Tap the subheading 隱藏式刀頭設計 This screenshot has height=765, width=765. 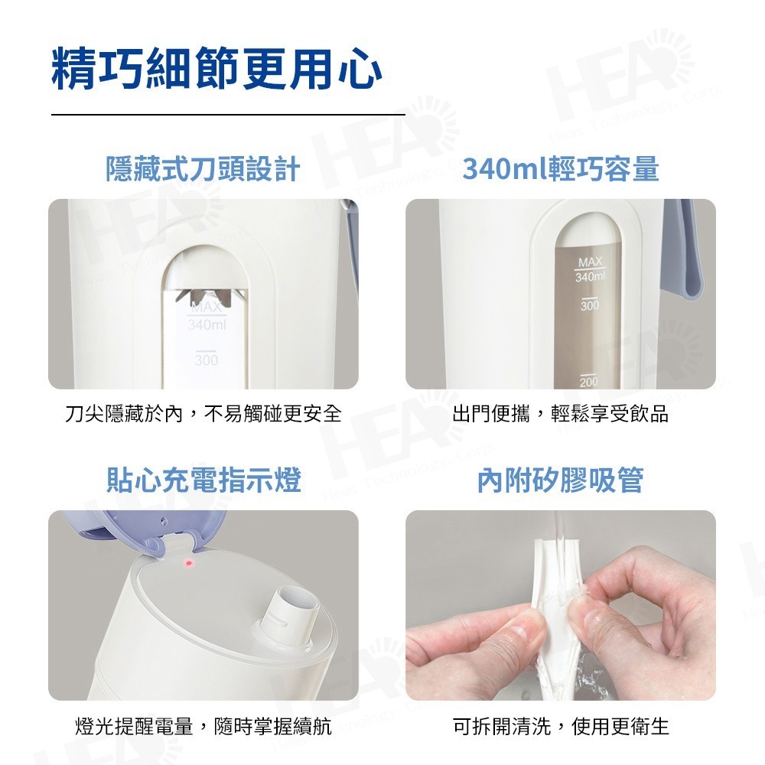[203, 169]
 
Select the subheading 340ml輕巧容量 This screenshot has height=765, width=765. [560, 169]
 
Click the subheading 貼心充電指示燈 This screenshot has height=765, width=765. [203, 480]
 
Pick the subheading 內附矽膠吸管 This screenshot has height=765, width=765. [560, 480]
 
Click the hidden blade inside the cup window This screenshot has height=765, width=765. [206, 295]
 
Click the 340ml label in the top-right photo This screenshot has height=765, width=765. [590, 275]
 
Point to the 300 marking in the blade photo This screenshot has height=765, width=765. [206, 359]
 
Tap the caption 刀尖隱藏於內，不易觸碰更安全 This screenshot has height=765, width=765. [203, 414]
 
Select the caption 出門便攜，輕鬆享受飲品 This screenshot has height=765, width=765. [560, 414]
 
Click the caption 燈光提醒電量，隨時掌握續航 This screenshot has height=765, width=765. [203, 726]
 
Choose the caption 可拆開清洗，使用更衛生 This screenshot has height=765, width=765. [560, 726]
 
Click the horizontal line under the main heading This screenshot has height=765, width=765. [228, 114]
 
